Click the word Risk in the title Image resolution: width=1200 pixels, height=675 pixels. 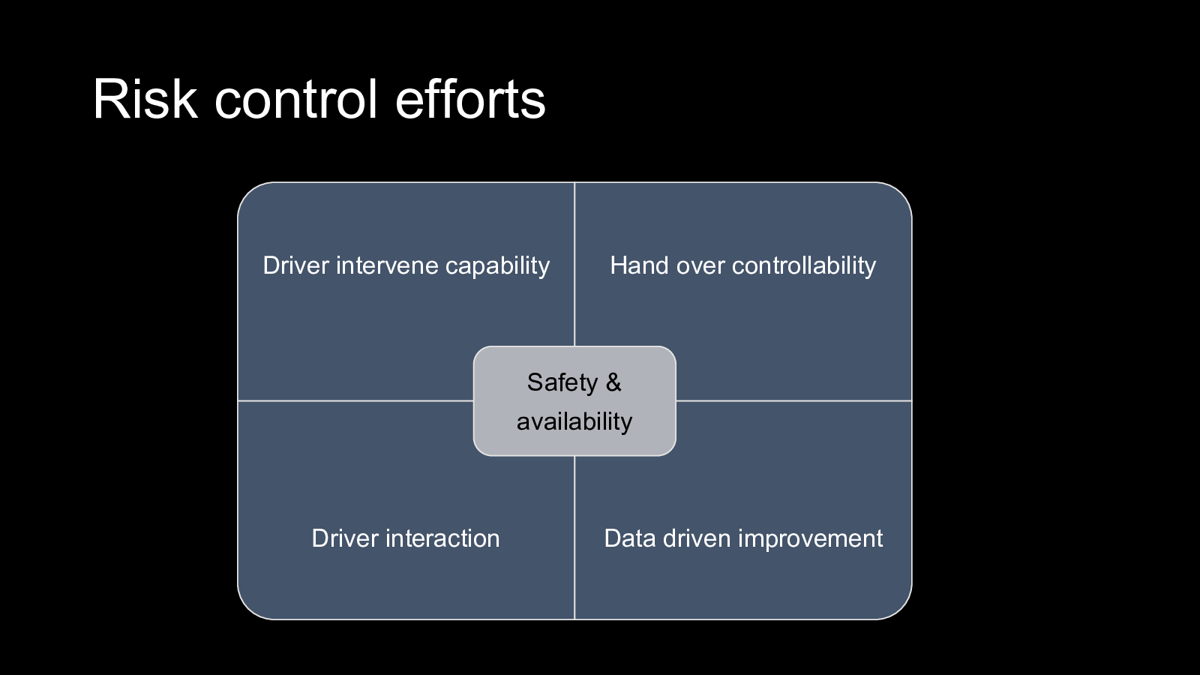click(x=145, y=99)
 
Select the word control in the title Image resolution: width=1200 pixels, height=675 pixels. click(x=296, y=99)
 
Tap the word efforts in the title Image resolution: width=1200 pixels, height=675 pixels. click(x=470, y=99)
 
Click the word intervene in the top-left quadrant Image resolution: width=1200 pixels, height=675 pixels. click(x=387, y=265)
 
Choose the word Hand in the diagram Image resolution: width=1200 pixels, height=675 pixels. click(x=640, y=265)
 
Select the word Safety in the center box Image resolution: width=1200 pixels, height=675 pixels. click(x=562, y=383)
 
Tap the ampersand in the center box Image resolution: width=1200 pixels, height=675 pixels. click(x=613, y=382)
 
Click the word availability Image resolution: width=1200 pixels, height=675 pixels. click(x=574, y=421)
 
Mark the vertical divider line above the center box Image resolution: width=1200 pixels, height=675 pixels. click(x=574, y=265)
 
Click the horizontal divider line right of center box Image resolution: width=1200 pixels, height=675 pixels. click(x=793, y=400)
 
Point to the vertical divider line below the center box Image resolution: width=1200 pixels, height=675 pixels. click(x=574, y=538)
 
